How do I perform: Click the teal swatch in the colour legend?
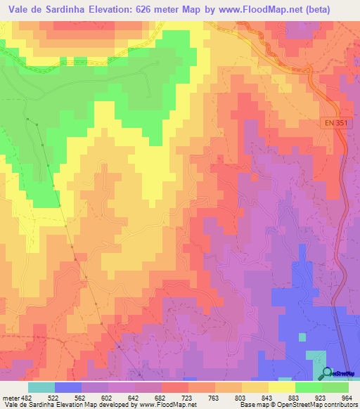[41, 387]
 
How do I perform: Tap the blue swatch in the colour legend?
[68, 387]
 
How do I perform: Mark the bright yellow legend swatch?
[282, 387]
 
